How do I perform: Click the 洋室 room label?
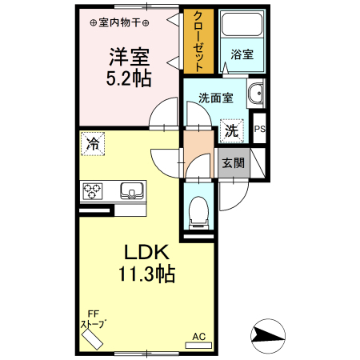[x=130, y=58]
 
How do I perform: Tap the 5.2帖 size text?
[x=130, y=78]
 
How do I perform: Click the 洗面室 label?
[x=216, y=98]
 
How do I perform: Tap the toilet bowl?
[x=198, y=212]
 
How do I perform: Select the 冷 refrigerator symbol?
[x=93, y=144]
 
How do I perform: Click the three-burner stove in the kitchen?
[x=92, y=191]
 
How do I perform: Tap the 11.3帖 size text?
[x=145, y=274]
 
